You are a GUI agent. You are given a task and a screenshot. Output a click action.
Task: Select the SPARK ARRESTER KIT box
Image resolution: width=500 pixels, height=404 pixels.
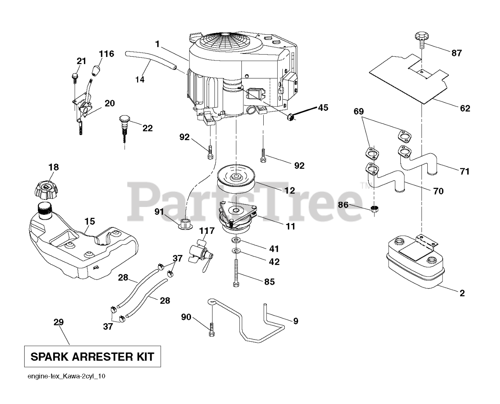tap(92, 356)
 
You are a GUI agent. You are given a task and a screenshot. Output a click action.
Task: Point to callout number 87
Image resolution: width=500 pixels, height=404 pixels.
tap(456, 53)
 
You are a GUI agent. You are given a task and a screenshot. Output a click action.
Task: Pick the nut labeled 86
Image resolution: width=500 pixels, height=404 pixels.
tap(374, 208)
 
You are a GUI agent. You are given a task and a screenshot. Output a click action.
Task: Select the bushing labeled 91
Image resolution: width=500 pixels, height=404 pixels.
tap(185, 225)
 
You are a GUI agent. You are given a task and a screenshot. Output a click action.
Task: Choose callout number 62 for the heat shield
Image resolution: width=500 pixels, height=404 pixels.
tap(465, 108)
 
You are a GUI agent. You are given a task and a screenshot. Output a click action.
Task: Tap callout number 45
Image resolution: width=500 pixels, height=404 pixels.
tap(323, 107)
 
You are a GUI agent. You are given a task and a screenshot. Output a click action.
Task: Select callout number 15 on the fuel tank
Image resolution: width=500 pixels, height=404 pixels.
tap(89, 221)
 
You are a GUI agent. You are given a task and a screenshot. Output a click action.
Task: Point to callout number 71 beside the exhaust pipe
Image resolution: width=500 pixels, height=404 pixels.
tap(464, 171)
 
